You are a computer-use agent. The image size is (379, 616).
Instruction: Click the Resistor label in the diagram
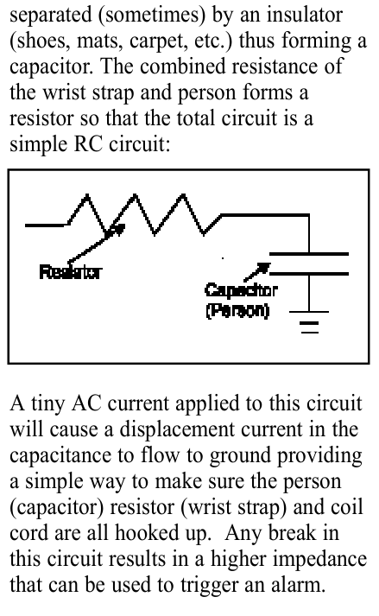coord(70,272)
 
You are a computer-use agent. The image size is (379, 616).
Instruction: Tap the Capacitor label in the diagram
coord(241,290)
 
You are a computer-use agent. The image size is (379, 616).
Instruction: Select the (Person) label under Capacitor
coord(237,310)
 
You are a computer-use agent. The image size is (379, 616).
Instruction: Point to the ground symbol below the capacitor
coord(309,322)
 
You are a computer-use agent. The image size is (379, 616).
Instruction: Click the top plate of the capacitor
coord(309,254)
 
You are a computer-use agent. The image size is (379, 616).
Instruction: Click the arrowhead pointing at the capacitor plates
coord(263,269)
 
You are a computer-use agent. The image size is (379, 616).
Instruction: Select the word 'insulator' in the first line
coord(305,15)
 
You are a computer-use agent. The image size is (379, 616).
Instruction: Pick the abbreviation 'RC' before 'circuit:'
coord(88,144)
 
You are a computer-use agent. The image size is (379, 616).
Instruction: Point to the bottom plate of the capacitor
coord(309,273)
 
